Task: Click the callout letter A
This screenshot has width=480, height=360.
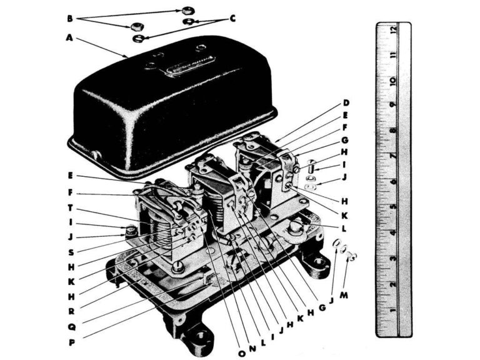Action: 70,37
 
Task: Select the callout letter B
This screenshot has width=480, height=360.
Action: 70,19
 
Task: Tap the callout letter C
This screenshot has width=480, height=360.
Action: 232,19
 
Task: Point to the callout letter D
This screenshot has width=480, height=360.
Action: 346,102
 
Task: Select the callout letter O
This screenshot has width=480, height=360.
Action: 242,353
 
